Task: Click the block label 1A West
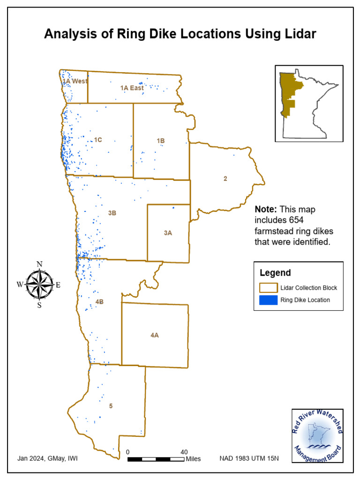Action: (x=75, y=81)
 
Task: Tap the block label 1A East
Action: (x=132, y=88)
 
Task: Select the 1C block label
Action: (x=98, y=140)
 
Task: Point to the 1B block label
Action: (x=161, y=140)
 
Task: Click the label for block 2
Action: (x=225, y=178)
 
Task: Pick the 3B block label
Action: (x=112, y=213)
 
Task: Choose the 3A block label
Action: (x=168, y=232)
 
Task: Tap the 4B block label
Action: (x=99, y=302)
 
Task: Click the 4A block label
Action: (x=155, y=335)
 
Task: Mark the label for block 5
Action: (x=111, y=406)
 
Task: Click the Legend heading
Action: (x=275, y=273)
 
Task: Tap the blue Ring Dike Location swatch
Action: (x=267, y=300)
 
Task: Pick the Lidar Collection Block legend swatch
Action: (x=267, y=287)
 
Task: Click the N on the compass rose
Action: (x=40, y=264)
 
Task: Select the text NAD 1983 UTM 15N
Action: (x=249, y=458)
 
